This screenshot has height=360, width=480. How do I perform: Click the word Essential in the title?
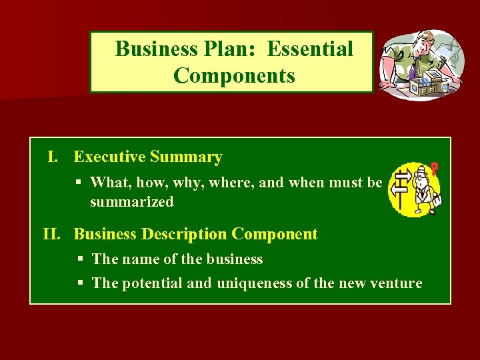(x=311, y=49)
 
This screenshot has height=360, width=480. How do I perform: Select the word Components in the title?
(x=234, y=75)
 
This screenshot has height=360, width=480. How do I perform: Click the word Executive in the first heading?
(x=109, y=157)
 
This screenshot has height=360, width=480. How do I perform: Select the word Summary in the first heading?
(x=186, y=157)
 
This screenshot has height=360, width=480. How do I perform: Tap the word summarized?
(x=131, y=201)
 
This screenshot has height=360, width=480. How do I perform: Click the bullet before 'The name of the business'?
(x=80, y=259)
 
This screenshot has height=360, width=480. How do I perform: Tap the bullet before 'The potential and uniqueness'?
(x=80, y=283)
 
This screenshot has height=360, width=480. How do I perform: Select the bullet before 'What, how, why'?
(x=79, y=182)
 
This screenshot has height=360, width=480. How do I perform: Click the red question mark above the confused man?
(x=435, y=169)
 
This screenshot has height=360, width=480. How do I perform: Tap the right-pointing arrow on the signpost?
(x=401, y=177)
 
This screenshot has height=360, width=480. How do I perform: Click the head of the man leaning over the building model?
(x=426, y=45)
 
